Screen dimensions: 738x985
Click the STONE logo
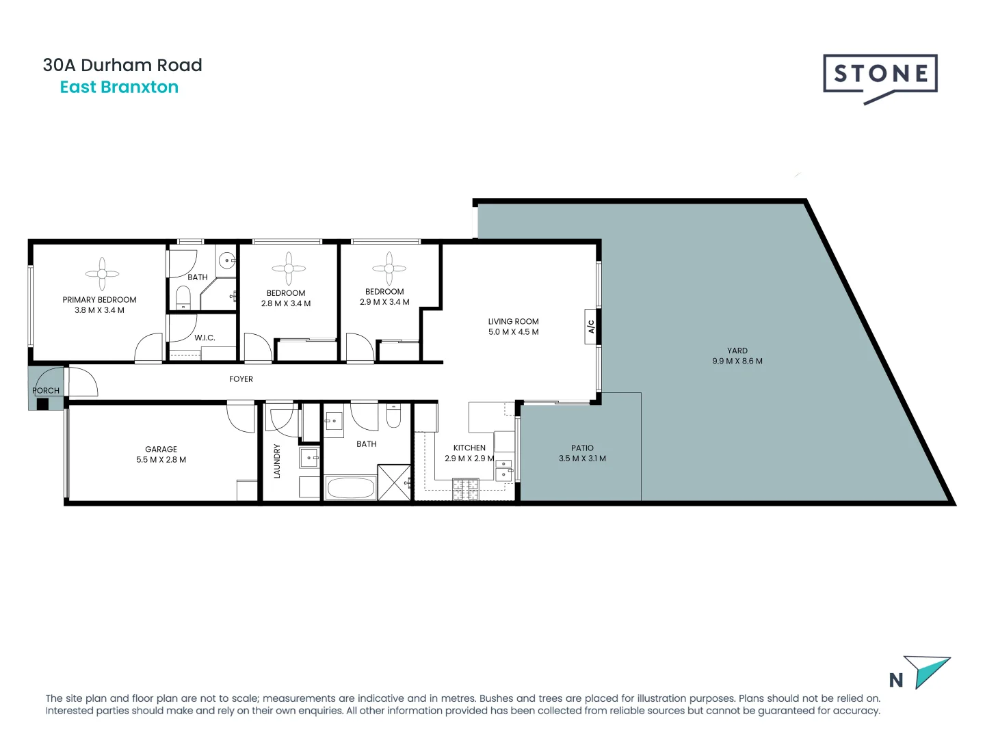880,74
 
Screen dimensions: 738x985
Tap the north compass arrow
928,671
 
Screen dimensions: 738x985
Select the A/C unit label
591,327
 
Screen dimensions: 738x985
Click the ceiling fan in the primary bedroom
102,273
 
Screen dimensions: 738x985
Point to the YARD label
737,351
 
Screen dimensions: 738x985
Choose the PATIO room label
582,448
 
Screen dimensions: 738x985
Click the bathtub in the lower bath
350,488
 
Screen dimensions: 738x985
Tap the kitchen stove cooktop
465,489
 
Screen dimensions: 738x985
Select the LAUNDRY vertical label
277,461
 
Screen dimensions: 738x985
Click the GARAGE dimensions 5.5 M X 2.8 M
161,460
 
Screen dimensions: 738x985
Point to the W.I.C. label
205,338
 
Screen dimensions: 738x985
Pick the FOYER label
241,379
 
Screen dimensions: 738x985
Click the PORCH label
46,391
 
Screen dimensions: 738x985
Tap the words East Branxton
119,87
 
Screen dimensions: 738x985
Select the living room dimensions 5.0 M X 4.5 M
513,332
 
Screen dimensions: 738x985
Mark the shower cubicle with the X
395,482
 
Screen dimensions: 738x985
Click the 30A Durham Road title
122,65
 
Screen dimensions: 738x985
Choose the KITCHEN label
469,448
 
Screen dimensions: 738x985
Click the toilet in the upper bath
183,297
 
